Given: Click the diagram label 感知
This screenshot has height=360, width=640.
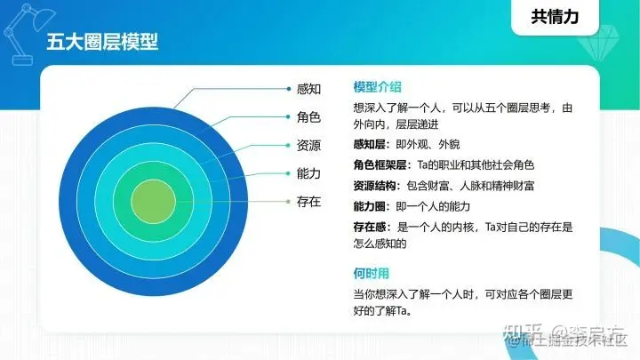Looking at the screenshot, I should coord(308,89).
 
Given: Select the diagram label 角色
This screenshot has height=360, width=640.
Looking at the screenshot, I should coord(308,117).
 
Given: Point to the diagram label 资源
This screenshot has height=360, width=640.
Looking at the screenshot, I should coord(308,145).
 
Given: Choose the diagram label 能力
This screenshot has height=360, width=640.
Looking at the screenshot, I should coord(308,173).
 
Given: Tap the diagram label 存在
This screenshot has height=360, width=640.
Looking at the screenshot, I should coord(308,202).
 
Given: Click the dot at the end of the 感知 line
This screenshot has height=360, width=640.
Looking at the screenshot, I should coord(289,89).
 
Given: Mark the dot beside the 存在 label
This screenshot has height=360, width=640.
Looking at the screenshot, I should coord(289,202).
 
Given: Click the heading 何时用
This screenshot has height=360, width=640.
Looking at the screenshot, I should coord(371,272).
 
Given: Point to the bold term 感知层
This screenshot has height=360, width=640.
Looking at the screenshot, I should coord(372,144).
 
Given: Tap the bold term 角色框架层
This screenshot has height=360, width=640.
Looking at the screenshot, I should coord(380,165).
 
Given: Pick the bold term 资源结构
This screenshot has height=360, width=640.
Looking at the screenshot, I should coord(375,186).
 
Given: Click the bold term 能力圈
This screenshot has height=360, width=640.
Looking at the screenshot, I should coord(372,206).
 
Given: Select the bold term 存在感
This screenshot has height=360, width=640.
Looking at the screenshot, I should coord(372,227).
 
